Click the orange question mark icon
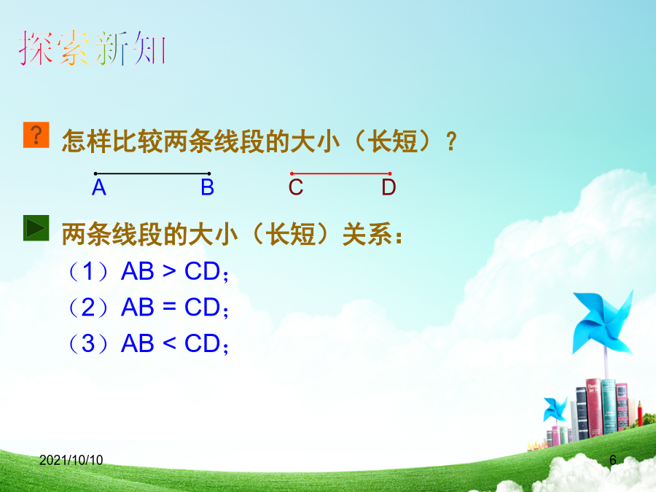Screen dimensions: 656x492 tap(36, 135)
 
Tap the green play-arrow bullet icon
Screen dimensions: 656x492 tap(36, 228)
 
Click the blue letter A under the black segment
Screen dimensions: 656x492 tap(99, 187)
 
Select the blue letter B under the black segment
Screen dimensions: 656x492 tap(208, 187)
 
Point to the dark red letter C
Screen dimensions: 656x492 tap(296, 187)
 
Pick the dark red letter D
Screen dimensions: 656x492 tap(388, 187)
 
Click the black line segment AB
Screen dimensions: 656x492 tap(152, 173)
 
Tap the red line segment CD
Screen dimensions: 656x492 tap(341, 173)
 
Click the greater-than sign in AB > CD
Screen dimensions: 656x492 tap(169, 272)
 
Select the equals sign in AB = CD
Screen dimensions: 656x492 tap(169, 308)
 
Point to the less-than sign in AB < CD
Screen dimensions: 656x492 tap(169, 343)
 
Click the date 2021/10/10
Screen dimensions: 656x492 tap(71, 460)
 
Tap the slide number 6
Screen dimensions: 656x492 tap(613, 460)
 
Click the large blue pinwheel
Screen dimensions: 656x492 tap(603, 322)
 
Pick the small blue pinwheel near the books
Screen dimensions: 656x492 tap(555, 409)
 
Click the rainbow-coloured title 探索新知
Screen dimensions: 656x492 tap(92, 49)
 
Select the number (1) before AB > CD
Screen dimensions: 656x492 tap(88, 272)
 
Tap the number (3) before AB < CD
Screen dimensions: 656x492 tap(88, 343)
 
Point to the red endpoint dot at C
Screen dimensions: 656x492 tap(292, 173)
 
